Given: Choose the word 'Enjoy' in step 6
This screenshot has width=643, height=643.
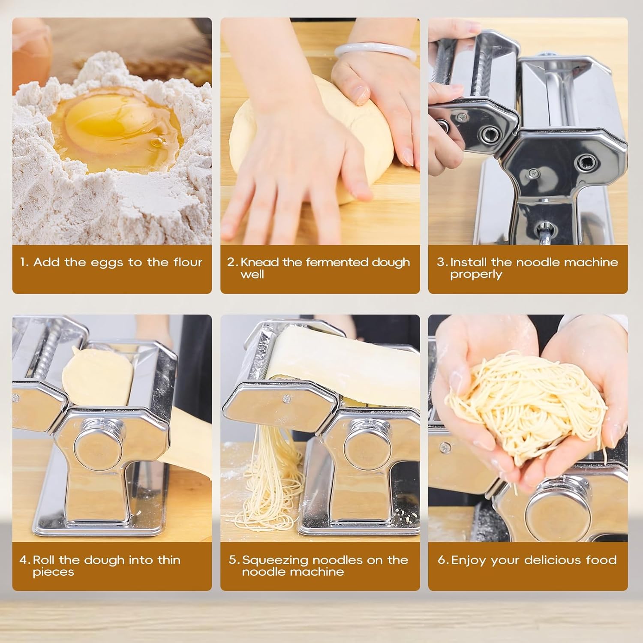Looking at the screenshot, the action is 469,560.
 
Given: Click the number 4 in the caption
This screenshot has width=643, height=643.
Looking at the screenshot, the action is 24,560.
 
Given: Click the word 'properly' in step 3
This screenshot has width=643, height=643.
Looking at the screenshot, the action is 476,275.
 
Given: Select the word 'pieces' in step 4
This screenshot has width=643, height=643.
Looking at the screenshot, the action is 53,572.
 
